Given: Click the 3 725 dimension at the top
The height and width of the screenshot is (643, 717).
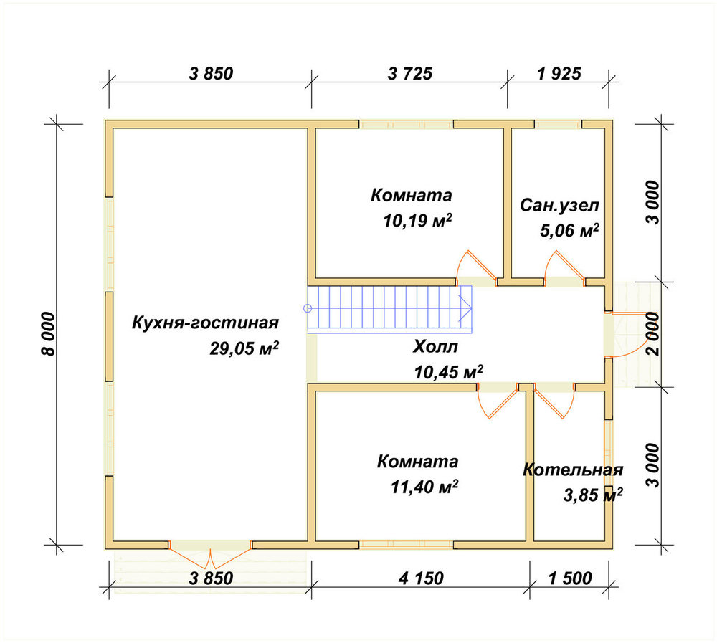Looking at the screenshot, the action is (409, 73).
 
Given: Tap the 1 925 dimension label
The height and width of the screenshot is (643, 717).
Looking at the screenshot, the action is (559, 73).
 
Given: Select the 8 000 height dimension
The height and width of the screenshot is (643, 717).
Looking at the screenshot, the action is (47, 334).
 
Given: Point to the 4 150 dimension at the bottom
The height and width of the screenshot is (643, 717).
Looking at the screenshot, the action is (421, 578).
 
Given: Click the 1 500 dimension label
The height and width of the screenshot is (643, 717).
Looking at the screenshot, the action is (570, 578).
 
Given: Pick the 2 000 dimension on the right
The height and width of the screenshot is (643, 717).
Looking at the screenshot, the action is (653, 334).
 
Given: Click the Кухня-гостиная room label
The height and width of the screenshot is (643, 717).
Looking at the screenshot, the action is (205, 323).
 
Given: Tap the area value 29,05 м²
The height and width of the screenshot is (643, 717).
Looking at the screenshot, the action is (244, 348).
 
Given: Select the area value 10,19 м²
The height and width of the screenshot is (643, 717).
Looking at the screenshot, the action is (417, 221).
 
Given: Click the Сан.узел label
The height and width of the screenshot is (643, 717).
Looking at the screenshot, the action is (559, 205).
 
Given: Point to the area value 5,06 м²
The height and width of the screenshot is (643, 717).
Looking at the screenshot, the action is (569, 231).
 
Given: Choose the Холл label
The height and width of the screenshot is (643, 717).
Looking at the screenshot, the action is (435, 347).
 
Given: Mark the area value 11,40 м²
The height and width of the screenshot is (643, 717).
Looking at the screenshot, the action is (424, 487).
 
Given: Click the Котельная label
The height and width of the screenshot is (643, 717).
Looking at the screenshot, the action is (573, 470).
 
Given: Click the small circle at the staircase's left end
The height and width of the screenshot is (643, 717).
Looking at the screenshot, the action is (308, 308).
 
